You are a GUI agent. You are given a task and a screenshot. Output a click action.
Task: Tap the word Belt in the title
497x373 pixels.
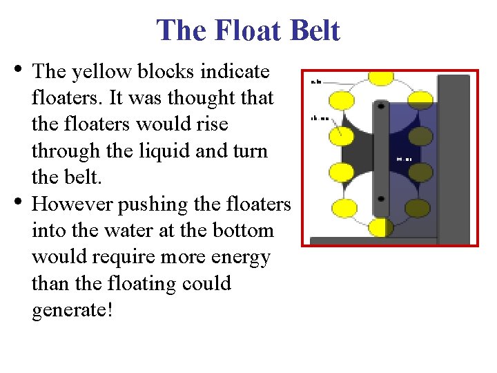point(313,31)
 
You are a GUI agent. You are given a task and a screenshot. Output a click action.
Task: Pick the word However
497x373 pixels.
point(73,204)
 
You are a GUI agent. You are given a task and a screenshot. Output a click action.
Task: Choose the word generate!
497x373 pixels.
point(71,310)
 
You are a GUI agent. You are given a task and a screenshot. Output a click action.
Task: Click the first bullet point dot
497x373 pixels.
point(17,69)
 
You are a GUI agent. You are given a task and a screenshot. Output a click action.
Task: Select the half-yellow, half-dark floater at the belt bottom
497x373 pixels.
point(380,227)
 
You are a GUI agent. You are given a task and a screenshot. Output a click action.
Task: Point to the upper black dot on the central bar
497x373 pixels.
point(381,107)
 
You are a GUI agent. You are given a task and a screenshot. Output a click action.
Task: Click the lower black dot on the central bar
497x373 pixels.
point(381,198)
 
